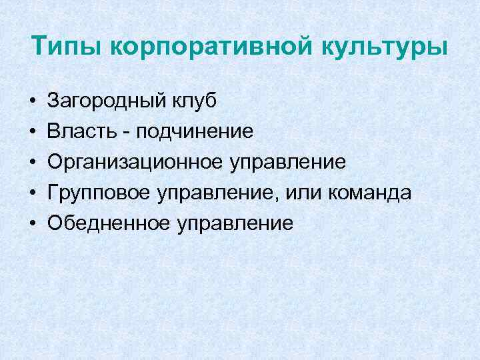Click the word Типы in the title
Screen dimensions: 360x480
point(66,49)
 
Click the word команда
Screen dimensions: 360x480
point(370,193)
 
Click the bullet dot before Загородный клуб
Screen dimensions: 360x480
point(32,102)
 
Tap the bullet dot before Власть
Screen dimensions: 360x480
point(32,132)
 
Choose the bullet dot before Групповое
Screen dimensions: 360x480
point(32,193)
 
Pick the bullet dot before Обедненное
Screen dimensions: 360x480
point(32,223)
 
